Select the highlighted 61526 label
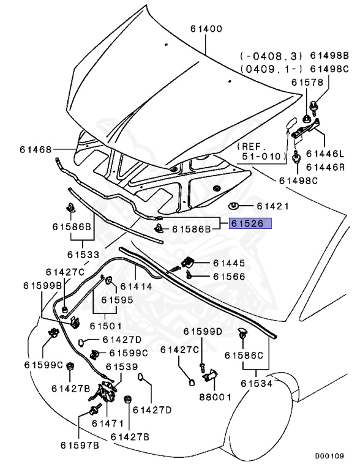pyautogui.click(x=247, y=224)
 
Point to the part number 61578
pyautogui.click(x=308, y=82)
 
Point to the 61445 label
pyautogui.click(x=229, y=264)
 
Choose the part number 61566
pyautogui.click(x=229, y=277)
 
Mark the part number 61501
pyautogui.click(x=105, y=326)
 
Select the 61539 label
pyautogui.click(x=122, y=367)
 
